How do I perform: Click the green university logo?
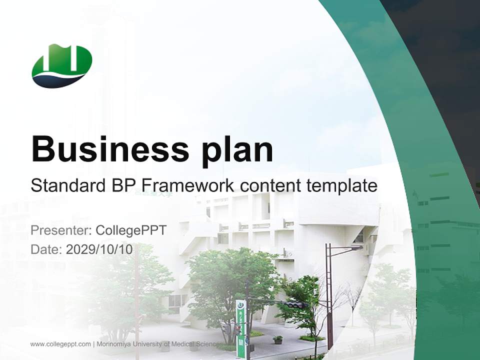(62, 65)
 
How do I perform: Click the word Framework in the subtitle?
(188, 185)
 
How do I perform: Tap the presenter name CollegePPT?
(130, 230)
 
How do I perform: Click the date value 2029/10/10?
(99, 249)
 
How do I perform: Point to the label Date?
(46, 249)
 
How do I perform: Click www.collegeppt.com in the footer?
(60, 344)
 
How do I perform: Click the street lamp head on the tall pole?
(356, 247)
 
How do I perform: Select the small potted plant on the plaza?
(278, 340)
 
